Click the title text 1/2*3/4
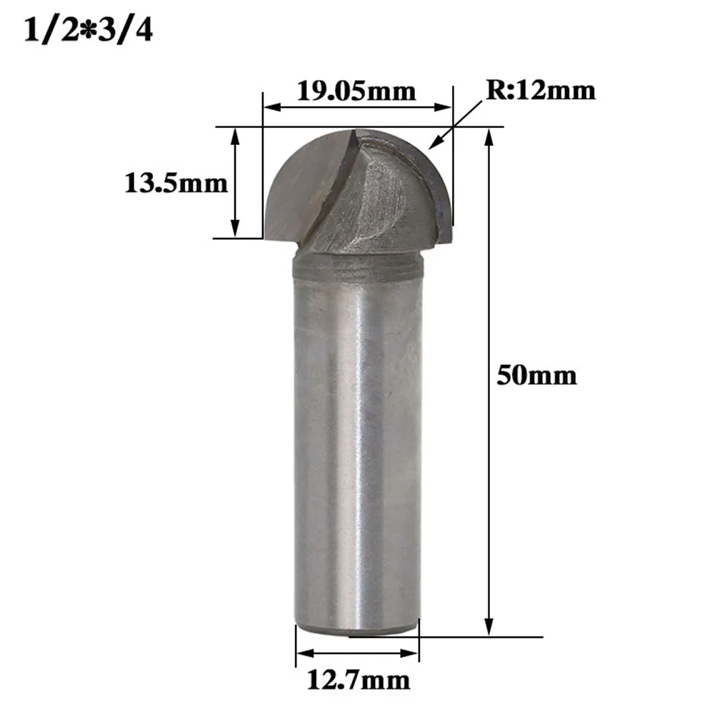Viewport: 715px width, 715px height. pos(89,32)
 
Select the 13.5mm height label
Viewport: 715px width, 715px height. pos(176,184)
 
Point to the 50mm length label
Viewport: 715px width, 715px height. pos(536,376)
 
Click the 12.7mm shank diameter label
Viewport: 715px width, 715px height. pos(358,680)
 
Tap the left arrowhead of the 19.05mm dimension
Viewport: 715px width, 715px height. pos(271,108)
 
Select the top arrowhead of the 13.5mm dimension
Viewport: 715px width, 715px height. pos(234,136)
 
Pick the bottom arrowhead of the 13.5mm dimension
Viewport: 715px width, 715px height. pos(234,229)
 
